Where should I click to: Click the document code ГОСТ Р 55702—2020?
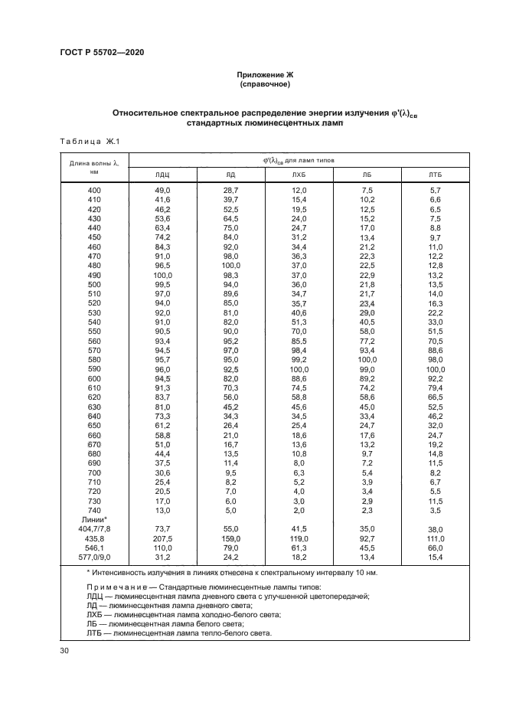pos(102,52)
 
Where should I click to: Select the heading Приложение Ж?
pos(265,75)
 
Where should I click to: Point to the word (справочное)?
pos(265,85)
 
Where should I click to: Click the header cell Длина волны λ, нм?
pos(94,167)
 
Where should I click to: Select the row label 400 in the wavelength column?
pos(94,190)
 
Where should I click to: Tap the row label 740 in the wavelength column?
pos(94,510)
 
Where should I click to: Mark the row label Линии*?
pos(94,519)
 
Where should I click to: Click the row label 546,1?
pos(94,548)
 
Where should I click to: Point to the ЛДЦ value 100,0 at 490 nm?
pos(162,275)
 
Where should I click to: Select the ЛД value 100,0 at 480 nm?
pos(230,266)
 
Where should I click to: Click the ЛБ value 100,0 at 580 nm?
pos(367,359)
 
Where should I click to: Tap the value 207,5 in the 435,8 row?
pos(162,538)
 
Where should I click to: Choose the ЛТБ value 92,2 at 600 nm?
pos(435,378)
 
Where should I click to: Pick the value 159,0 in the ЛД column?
pos(230,538)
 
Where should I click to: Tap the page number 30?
pos(64,650)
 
